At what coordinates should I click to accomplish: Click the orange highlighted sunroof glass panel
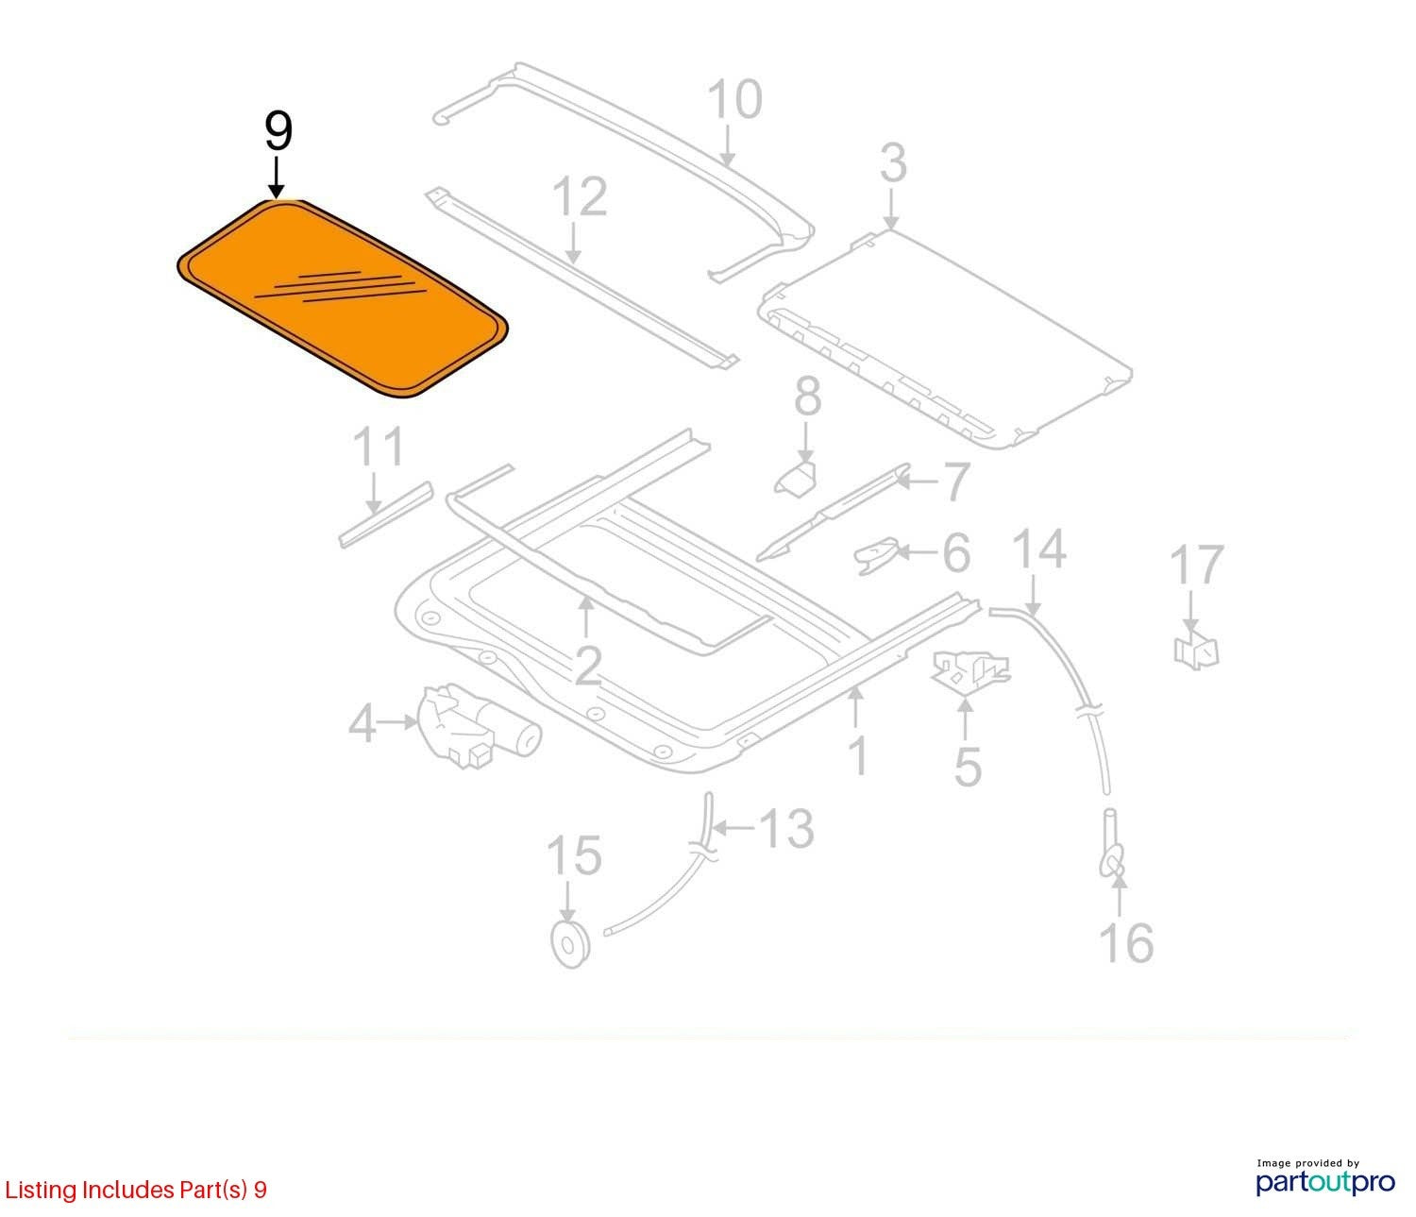[x=343, y=299]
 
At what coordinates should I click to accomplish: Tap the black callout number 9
[x=278, y=132]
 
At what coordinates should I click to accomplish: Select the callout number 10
[x=734, y=100]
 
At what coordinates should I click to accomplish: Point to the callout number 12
[x=580, y=196]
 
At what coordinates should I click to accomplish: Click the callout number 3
[x=893, y=163]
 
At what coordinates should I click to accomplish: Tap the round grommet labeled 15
[x=570, y=945]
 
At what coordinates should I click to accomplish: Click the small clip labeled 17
[x=1196, y=650]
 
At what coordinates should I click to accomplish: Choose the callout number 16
[x=1126, y=943]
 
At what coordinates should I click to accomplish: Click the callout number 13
[x=787, y=828]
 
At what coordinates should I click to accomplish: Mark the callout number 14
[x=1039, y=549]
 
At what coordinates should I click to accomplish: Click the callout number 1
[x=858, y=756]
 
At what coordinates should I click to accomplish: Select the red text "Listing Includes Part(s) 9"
[x=136, y=1190]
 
